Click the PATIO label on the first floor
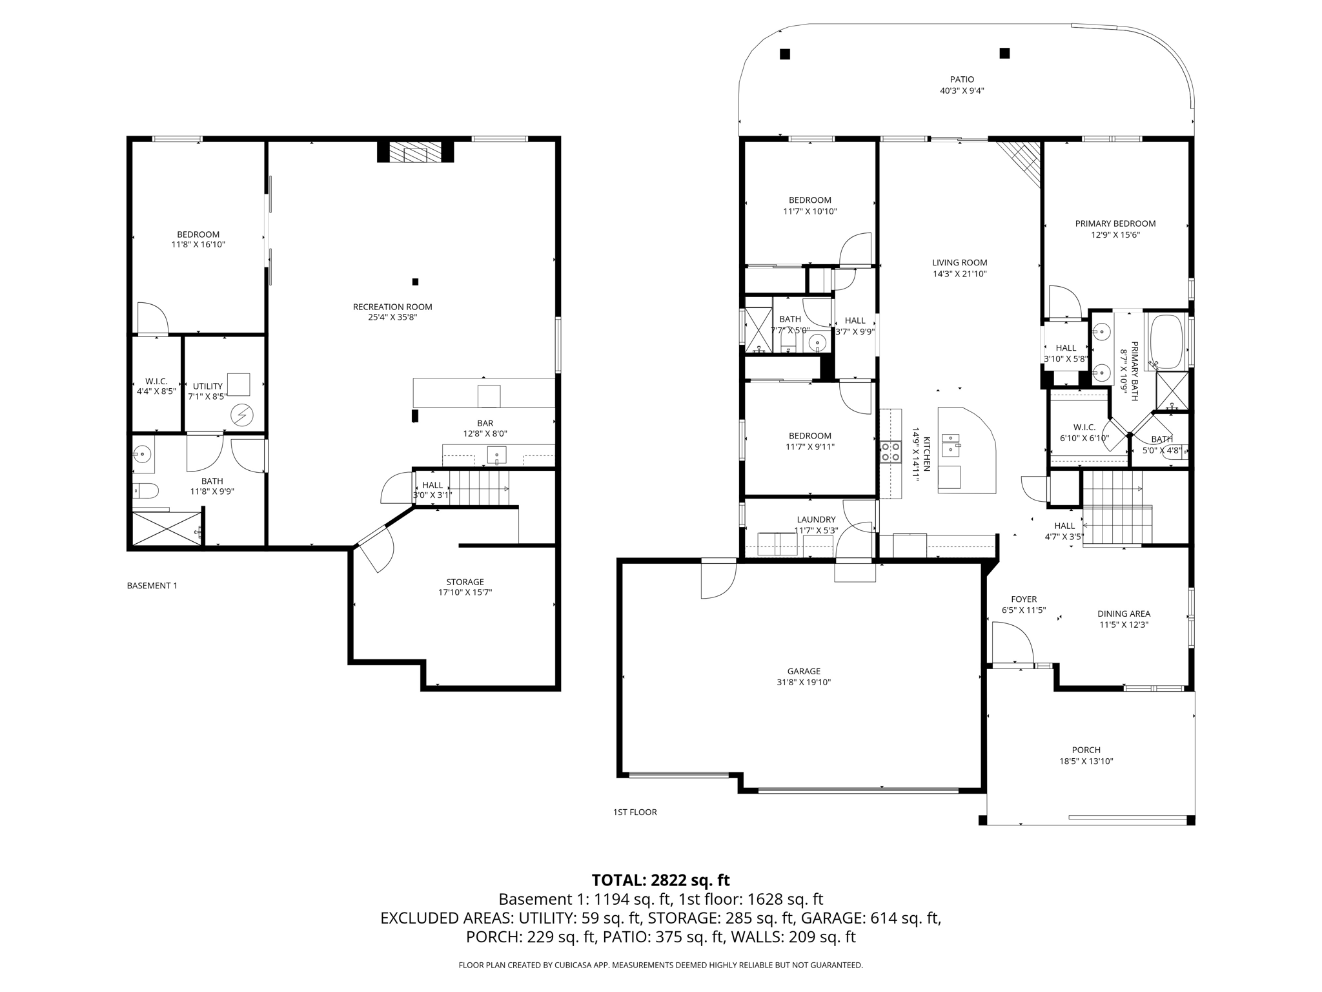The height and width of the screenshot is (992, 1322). pos(962,79)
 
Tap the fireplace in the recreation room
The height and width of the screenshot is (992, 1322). pos(416,152)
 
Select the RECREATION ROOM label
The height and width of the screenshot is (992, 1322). pos(392,307)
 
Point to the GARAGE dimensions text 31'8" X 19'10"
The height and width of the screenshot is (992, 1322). pos(804,682)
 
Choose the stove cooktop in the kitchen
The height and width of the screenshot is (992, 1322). pos(891,451)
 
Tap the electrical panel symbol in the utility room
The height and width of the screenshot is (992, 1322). pos(242,414)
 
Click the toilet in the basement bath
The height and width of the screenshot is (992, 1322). pos(145,491)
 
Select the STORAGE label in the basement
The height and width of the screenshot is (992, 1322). pos(465,582)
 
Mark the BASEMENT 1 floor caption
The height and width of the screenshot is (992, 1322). pos(152,586)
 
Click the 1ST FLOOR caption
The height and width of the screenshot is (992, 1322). pos(635,812)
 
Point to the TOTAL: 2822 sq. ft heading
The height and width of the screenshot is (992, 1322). pos(660,880)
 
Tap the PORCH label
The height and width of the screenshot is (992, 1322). pos(1086,750)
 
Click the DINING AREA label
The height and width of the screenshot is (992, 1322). pos(1124,614)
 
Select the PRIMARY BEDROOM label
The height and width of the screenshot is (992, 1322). pos(1115,223)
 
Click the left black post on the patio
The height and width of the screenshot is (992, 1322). pos(785,54)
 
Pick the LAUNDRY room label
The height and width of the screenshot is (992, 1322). pos(816,519)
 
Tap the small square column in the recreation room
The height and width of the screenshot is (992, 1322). pos(415,282)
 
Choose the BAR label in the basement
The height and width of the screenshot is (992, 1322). pos(485,423)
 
